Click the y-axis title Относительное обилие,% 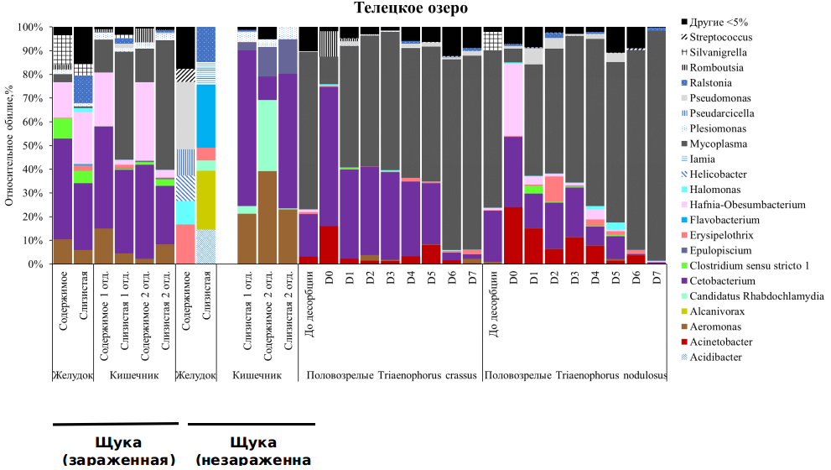coord(9,146)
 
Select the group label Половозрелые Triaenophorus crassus coord(389,375)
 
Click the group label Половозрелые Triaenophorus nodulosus coord(575,375)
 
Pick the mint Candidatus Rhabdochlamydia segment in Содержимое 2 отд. coord(267,135)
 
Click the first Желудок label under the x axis coord(72,375)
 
